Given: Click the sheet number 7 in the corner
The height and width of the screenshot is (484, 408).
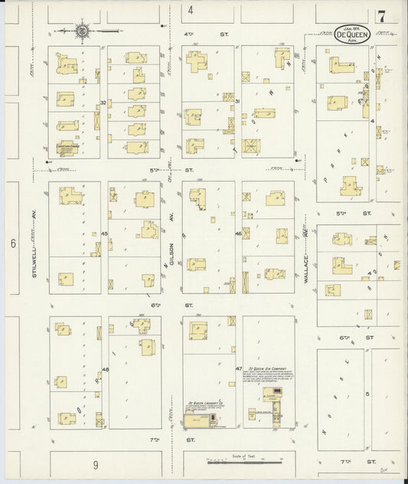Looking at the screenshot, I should coord(380,15).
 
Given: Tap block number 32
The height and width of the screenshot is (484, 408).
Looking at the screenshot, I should coord(103,102).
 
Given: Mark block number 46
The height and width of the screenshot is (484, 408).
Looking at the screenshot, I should coord(238,233).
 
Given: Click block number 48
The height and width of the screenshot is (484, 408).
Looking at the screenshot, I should coord(105,369).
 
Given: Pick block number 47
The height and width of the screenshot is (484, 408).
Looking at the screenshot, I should coord(238,368).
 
